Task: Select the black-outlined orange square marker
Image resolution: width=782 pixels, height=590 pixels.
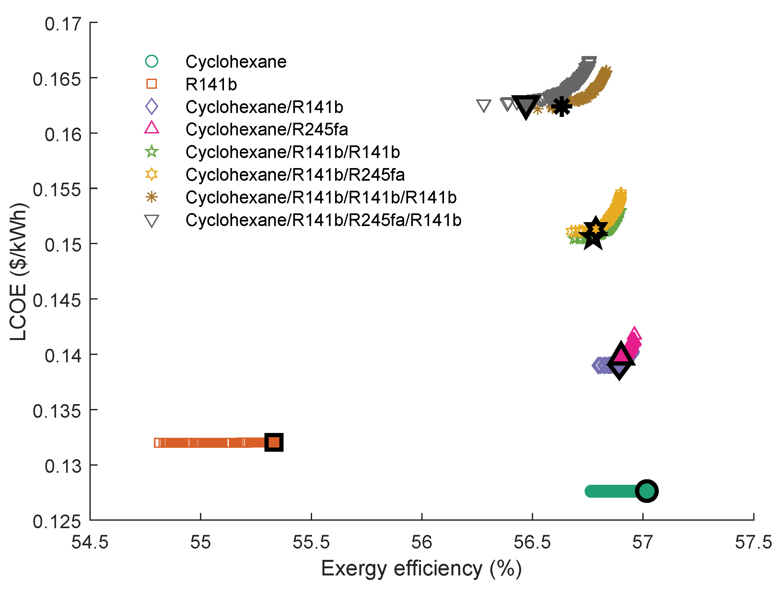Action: [274, 442]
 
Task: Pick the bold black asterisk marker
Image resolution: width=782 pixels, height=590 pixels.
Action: [561, 106]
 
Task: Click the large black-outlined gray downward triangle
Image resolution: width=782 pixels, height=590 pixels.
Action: [526, 106]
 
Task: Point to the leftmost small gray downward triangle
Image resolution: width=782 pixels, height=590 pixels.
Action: [483, 105]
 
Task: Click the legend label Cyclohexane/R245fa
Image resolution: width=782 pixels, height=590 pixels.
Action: [267, 129]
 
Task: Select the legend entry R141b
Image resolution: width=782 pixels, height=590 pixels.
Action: [211, 84]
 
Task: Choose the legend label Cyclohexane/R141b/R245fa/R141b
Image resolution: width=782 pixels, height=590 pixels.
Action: [323, 220]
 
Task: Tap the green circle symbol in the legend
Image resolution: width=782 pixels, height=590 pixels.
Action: [152, 61]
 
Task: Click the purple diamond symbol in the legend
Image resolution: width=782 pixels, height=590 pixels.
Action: [152, 106]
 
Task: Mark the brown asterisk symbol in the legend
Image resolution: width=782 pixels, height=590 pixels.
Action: [152, 197]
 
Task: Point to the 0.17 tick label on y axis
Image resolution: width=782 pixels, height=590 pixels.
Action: [63, 24]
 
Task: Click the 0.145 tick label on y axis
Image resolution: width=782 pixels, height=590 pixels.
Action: [57, 301]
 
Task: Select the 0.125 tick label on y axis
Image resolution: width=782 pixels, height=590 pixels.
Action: [57, 522]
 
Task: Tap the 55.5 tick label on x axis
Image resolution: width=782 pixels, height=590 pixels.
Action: [311, 542]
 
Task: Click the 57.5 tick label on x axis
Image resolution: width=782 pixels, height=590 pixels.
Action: [753, 542]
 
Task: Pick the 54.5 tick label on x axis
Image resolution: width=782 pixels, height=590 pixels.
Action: [90, 542]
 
